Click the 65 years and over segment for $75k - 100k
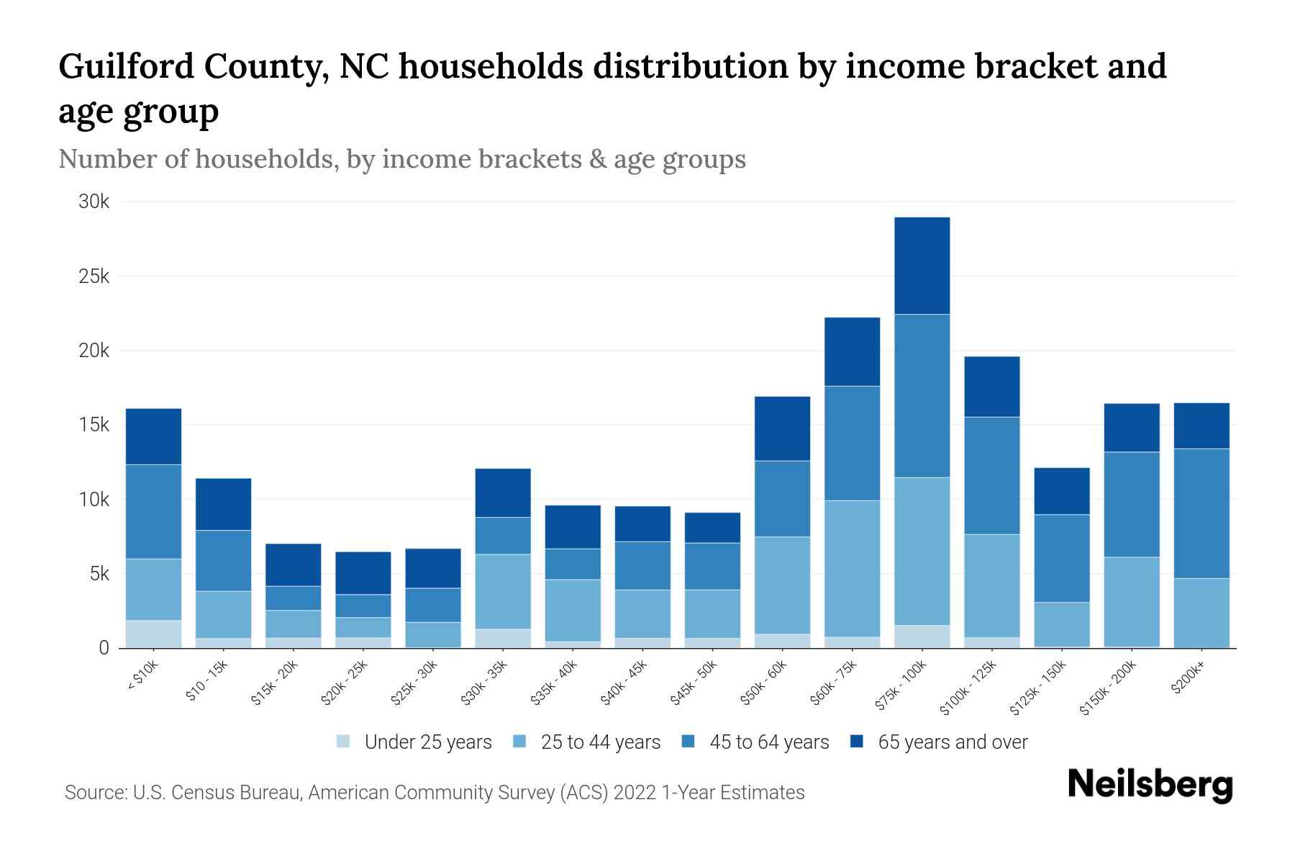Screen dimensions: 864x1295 pyautogui.click(x=922, y=266)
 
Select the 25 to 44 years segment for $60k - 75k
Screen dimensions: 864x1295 pyautogui.click(x=852, y=568)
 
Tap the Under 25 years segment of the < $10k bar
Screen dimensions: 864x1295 pyautogui.click(x=153, y=634)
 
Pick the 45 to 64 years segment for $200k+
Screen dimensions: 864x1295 pyautogui.click(x=1201, y=513)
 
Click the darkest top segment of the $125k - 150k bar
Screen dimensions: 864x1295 pyautogui.click(x=1061, y=491)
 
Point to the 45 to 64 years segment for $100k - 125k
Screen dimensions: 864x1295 pyautogui.click(x=991, y=475)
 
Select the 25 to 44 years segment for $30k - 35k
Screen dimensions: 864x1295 pyautogui.click(x=503, y=591)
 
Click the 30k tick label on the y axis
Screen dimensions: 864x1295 pyautogui.click(x=94, y=202)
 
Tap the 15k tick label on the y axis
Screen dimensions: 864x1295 pyautogui.click(x=94, y=425)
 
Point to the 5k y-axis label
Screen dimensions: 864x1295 pyautogui.click(x=98, y=574)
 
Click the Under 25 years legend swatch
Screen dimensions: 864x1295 pyautogui.click(x=343, y=742)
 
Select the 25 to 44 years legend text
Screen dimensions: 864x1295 pyautogui.click(x=600, y=742)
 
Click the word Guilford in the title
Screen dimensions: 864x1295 pyautogui.click(x=124, y=67)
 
